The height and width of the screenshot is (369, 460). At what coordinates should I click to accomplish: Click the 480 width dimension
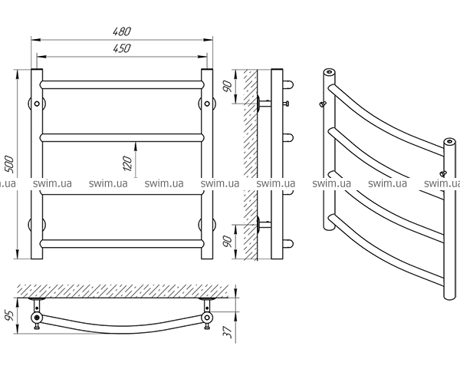122,31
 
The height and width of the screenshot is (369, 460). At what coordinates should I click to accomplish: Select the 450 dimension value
122,48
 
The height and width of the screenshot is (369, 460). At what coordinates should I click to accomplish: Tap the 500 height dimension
10,164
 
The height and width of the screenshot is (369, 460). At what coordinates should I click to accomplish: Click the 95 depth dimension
10,315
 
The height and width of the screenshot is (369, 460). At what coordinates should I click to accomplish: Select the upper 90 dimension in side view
228,86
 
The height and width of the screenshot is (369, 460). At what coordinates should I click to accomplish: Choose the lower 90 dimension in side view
228,242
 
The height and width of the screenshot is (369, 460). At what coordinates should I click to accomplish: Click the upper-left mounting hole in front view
37,104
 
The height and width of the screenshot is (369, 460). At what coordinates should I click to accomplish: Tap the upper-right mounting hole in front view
207,104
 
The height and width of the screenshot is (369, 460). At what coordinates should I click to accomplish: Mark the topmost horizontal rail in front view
122,85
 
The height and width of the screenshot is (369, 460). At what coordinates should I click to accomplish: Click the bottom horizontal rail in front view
122,244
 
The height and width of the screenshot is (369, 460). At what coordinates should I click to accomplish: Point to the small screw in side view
287,104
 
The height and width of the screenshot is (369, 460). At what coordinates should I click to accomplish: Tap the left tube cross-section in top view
37,318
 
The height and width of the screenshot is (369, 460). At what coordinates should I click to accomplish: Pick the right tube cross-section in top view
207,318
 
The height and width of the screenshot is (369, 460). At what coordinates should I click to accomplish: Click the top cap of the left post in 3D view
330,72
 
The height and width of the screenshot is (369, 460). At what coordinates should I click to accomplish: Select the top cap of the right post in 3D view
449,142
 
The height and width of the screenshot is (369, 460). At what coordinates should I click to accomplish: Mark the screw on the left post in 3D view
323,104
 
